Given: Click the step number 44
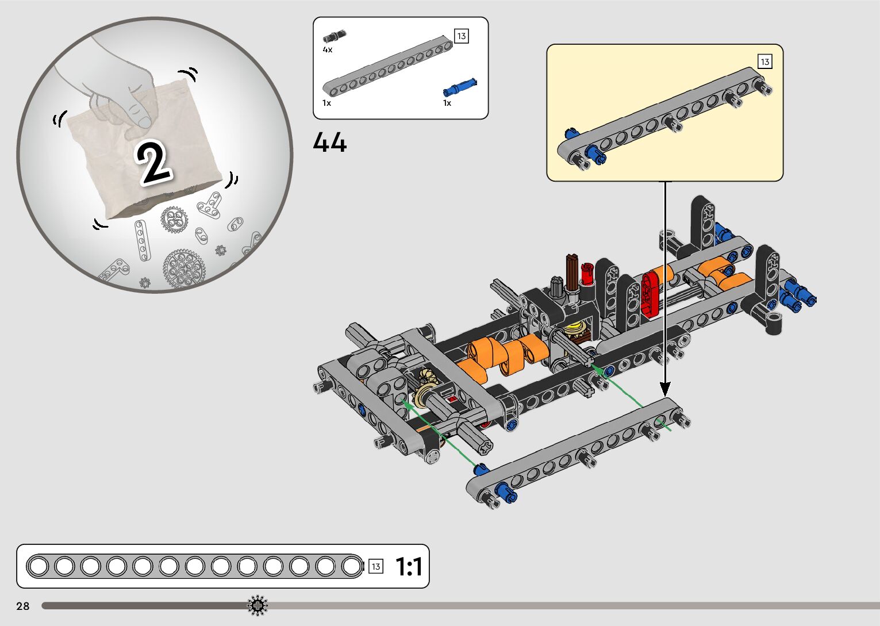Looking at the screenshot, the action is [329, 142].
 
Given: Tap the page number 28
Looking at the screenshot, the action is [23, 605].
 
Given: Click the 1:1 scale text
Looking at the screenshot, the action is [409, 566].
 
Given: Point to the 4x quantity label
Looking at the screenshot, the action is [327, 49].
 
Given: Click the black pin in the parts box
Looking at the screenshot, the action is [335, 36].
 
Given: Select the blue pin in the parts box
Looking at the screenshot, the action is [460, 87].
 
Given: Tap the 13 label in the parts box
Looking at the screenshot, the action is [461, 36].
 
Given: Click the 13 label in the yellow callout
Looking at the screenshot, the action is [764, 62].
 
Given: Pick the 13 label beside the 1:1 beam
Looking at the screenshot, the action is [375, 566].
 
